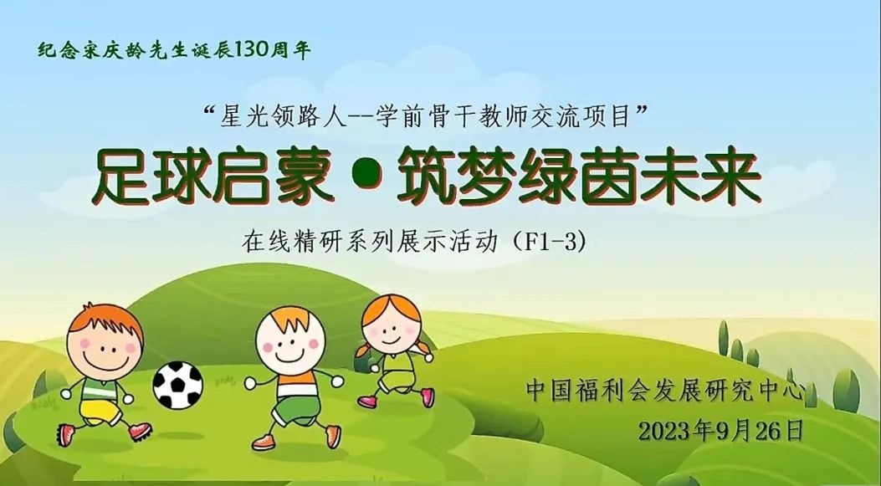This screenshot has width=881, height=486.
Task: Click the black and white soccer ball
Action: pyautogui.click(x=177, y=385)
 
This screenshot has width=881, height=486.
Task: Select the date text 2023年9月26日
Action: pyautogui.click(x=721, y=431)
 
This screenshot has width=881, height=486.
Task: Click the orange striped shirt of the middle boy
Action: pyautogui.click(x=297, y=386)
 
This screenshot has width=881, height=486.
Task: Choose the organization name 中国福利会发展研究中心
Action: pyautogui.click(x=664, y=391)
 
